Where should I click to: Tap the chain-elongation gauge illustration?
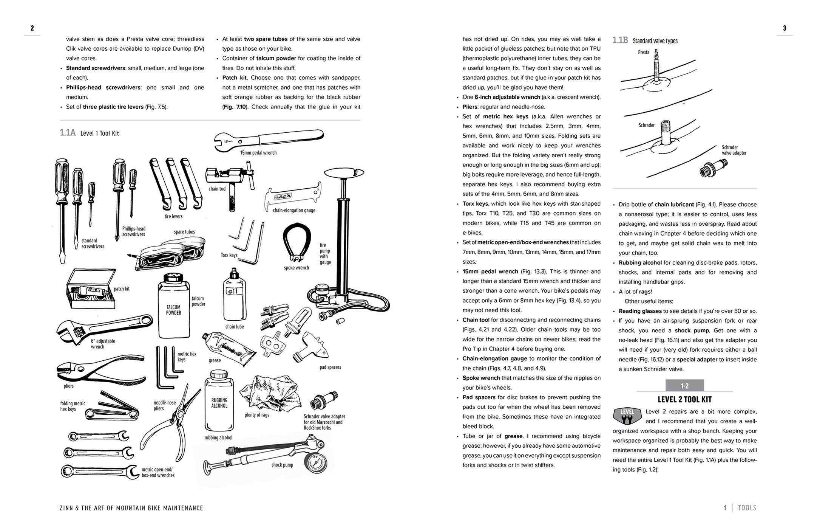tap(293, 197)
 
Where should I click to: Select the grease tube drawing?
tap(229, 348)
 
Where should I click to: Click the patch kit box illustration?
tap(91, 289)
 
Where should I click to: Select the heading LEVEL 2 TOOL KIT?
tap(684, 400)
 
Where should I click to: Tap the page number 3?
tap(785, 28)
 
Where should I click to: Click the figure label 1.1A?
tap(68, 133)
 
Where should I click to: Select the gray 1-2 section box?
tap(684, 386)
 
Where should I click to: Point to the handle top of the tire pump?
tap(344, 173)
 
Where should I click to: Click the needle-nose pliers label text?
tap(164, 405)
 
